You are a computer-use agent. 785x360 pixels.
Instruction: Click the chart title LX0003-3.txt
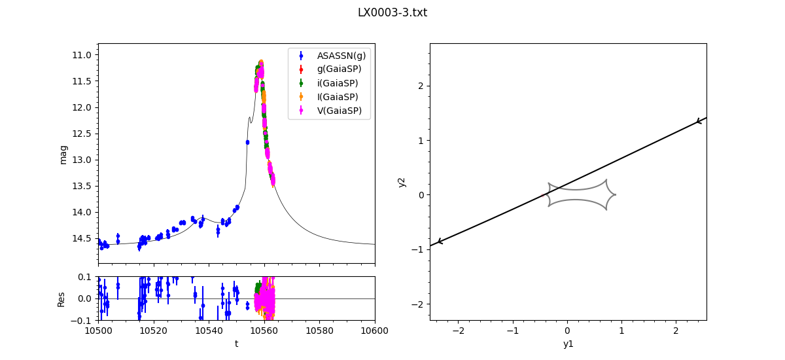tap(392, 12)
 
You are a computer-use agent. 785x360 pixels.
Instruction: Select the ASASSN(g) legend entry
tap(341, 56)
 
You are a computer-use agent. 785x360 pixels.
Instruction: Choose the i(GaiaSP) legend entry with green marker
tap(338, 83)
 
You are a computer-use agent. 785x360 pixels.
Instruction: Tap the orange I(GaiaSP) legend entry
tap(338, 97)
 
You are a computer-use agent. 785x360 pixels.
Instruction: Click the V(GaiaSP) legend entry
tap(339, 111)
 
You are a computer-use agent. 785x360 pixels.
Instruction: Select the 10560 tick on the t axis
tap(264, 332)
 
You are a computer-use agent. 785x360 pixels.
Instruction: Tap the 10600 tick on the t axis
tap(375, 332)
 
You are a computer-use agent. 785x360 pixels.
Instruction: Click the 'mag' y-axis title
tap(63, 154)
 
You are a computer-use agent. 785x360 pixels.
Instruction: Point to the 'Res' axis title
tap(61, 298)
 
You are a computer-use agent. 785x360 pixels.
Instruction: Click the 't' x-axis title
tap(236, 344)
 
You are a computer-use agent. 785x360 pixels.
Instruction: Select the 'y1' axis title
tap(568, 344)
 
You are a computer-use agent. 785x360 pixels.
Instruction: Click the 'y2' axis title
tap(402, 181)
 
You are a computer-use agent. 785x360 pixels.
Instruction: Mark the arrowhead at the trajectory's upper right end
tap(699, 121)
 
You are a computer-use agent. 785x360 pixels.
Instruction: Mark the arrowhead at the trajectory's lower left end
tap(440, 242)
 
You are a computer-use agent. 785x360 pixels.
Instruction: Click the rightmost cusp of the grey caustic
tap(616, 194)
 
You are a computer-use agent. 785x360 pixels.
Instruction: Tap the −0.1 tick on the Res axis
tap(85, 321)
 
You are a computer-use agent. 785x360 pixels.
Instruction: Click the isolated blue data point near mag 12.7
tap(247, 142)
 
